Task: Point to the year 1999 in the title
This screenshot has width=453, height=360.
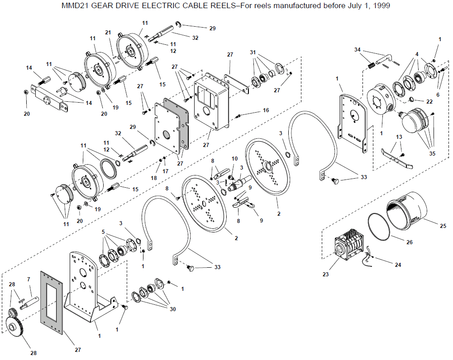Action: click(381, 5)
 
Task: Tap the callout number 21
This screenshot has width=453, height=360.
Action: click(108, 33)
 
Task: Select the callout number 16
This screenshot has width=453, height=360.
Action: click(266, 110)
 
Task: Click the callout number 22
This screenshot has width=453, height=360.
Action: click(429, 101)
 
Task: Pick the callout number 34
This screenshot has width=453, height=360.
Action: click(358, 50)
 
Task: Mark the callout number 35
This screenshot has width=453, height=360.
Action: click(432, 154)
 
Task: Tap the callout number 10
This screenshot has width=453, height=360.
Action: click(234, 158)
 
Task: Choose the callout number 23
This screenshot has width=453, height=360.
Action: click(325, 274)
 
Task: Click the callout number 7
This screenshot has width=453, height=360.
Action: click(29, 279)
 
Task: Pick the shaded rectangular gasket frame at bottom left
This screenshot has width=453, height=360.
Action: click(52, 303)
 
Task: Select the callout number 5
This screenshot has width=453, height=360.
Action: click(103, 232)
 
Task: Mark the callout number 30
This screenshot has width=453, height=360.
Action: click(173, 309)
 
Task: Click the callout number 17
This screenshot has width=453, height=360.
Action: click(165, 171)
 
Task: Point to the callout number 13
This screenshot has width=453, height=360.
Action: click(399, 137)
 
